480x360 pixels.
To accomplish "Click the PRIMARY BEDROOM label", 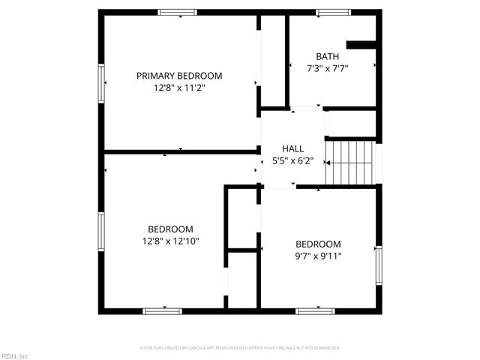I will click(179, 76).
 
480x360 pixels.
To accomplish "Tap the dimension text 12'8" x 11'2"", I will click(179, 88).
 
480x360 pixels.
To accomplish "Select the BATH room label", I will click(327, 56).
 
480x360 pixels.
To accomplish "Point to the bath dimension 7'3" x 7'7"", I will click(327, 68).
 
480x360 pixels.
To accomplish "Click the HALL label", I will click(292, 148).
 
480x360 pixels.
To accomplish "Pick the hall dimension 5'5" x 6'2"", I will click(292, 160).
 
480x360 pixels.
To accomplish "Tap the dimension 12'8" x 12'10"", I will click(169, 241).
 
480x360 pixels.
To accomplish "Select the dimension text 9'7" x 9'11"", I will click(318, 256).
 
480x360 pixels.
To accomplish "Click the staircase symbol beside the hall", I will click(349, 162).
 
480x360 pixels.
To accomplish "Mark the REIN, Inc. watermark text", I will click(15, 355).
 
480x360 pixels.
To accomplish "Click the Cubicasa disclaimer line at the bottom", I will click(240, 348).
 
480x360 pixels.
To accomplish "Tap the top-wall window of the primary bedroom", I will click(177, 12).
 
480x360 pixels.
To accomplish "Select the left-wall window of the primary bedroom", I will click(101, 82).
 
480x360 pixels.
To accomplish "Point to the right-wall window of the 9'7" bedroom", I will click(379, 267).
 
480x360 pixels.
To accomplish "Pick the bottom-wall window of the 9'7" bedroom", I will click(315, 310).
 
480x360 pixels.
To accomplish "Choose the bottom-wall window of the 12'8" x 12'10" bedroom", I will click(163, 310).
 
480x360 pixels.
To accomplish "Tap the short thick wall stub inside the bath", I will click(360, 44).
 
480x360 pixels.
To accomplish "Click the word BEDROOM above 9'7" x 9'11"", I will click(318, 244).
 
